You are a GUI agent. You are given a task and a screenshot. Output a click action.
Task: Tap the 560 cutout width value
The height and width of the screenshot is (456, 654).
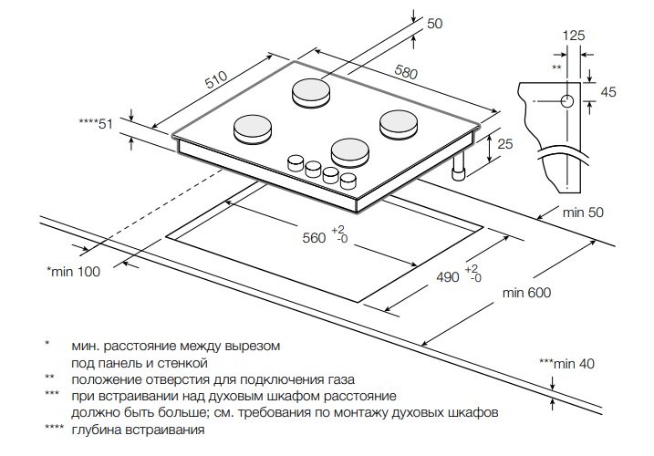(x=314, y=238)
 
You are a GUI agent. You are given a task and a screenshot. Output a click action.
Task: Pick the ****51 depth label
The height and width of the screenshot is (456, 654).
(x=95, y=124)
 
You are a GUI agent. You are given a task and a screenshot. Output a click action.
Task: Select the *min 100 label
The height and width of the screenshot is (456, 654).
(x=73, y=271)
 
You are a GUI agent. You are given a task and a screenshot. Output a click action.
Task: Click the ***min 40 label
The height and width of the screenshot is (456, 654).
(x=566, y=363)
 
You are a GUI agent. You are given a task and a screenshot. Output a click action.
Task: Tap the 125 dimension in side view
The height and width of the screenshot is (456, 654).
(x=573, y=36)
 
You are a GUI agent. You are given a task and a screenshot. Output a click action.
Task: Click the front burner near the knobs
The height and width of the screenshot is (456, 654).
(x=349, y=150)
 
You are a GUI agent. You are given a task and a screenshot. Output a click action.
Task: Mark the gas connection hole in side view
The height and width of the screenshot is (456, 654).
(x=567, y=99)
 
